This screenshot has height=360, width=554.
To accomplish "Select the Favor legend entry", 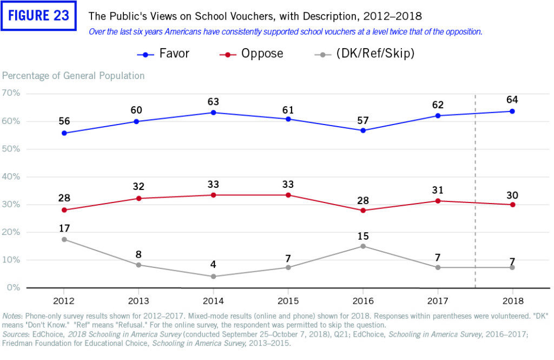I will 162,54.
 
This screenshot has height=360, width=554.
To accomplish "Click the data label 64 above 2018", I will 511,100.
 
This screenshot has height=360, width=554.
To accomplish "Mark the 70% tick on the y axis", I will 11,93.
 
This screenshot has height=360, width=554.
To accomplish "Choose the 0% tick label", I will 14,287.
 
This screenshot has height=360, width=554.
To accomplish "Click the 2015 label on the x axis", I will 289,300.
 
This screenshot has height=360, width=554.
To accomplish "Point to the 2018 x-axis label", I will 511,300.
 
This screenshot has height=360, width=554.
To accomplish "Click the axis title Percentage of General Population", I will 74,76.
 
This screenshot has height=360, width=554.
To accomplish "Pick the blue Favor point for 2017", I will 438,116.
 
